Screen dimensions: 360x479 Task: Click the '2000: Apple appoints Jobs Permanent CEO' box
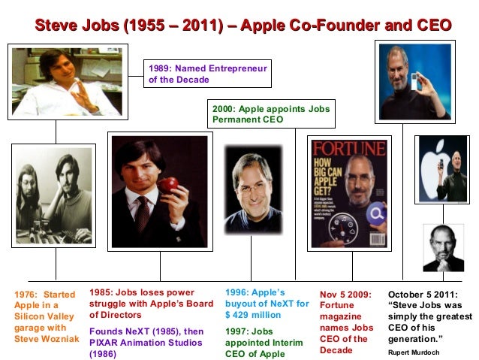(x=271, y=113)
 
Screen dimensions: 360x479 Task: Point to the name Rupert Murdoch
(x=411, y=351)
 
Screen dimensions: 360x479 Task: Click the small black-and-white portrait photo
(x=443, y=247)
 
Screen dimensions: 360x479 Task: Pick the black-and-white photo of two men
(x=53, y=195)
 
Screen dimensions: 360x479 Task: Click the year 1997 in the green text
(x=237, y=330)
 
